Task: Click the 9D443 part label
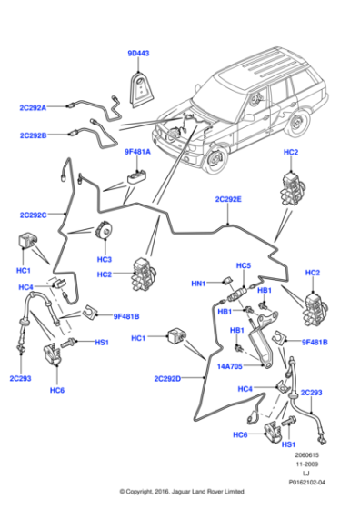point(138,54)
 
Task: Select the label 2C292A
point(33,107)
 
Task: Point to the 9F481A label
point(138,154)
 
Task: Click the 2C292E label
point(228,199)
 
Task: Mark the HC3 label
point(104,260)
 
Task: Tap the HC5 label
point(243,266)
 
